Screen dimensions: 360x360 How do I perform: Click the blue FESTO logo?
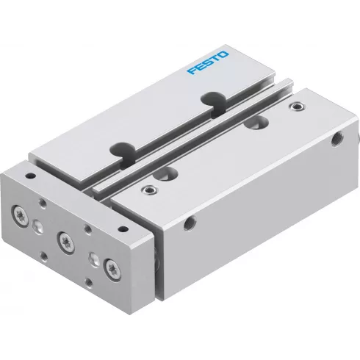click(x=209, y=62)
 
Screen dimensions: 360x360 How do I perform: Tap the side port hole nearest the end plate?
click(x=193, y=220)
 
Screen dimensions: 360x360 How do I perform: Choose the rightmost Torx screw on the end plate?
click(x=111, y=266)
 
